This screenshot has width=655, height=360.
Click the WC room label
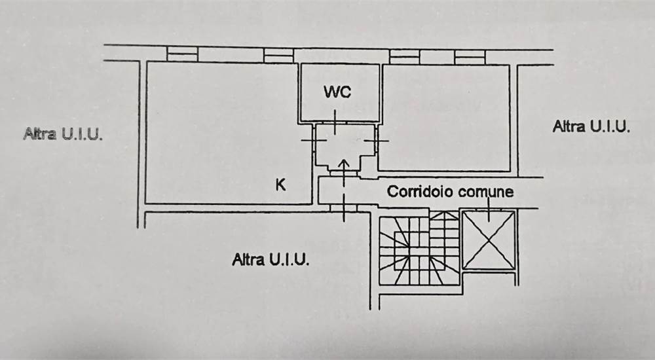(x=337, y=92)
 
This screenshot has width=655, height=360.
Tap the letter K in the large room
(x=280, y=185)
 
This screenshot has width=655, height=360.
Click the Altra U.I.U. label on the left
(x=63, y=135)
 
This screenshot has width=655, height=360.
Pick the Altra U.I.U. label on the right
(x=591, y=126)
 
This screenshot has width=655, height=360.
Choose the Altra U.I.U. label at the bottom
(x=271, y=260)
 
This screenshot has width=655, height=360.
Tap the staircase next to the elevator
(x=420, y=249)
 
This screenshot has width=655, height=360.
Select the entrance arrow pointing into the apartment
(x=343, y=166)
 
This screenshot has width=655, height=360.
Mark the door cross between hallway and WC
(x=334, y=122)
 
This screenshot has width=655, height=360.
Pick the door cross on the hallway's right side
(x=377, y=140)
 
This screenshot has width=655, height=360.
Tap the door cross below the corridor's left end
(x=343, y=208)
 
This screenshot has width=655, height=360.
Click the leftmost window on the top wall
(x=182, y=54)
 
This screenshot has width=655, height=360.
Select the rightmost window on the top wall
(x=470, y=56)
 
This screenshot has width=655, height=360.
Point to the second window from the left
(x=278, y=56)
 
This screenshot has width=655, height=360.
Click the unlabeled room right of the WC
(x=445, y=118)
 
